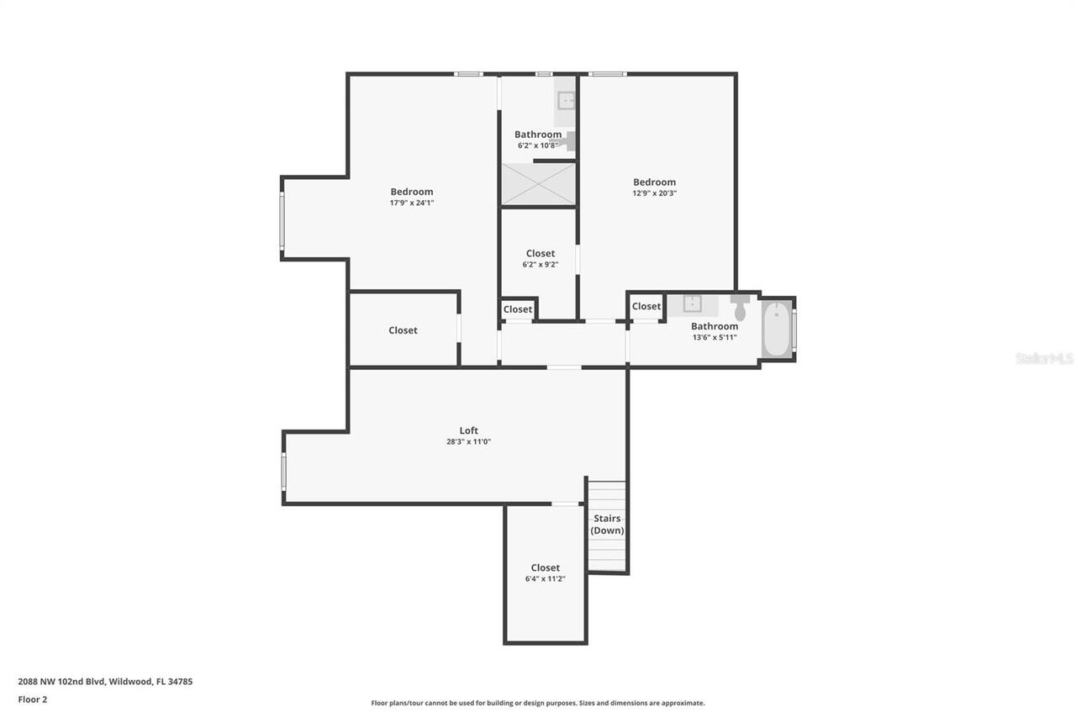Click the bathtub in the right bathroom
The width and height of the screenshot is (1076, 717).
777,329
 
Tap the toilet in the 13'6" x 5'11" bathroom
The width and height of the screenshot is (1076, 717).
740,308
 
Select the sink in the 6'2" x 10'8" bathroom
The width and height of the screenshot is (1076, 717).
567,101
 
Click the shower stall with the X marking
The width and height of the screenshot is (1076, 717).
539,184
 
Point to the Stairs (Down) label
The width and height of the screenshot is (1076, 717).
607,525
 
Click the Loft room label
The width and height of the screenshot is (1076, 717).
469,430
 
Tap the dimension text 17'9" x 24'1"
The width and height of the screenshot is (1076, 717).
412,203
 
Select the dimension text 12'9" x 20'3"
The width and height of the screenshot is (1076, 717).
654,193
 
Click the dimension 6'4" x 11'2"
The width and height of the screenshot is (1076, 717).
546,578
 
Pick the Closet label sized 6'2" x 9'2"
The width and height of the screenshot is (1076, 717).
541,253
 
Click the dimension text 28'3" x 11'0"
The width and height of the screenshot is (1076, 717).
469,442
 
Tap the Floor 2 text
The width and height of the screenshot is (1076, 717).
33,699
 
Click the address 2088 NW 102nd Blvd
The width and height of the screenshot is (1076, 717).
61,681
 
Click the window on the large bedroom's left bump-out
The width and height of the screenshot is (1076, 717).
282,221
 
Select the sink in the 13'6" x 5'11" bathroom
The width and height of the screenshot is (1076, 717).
692,303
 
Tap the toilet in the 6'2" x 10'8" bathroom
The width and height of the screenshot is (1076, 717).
570,141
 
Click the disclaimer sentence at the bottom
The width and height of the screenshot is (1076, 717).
538,703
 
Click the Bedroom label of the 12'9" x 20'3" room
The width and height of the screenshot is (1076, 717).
654,182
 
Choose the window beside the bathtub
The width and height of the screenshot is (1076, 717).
794,329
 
